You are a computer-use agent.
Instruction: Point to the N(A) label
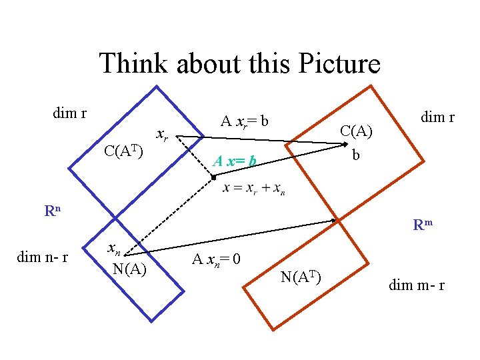pyautogui.click(x=130, y=269)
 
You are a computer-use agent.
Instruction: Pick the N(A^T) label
pyautogui.click(x=301, y=276)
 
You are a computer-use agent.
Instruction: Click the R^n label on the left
pyautogui.click(x=53, y=211)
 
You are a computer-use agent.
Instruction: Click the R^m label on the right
pyautogui.click(x=423, y=225)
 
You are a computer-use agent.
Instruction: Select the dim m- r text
pyautogui.click(x=417, y=286)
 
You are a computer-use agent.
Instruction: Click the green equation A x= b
pyautogui.click(x=234, y=161)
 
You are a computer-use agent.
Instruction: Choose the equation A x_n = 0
pyautogui.click(x=217, y=259)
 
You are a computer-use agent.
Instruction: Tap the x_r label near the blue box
pyautogui.click(x=162, y=135)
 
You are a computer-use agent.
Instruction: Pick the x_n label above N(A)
pyautogui.click(x=115, y=250)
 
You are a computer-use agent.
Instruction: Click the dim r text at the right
pyautogui.click(x=437, y=117)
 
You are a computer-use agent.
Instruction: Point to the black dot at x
pyautogui.click(x=213, y=177)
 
